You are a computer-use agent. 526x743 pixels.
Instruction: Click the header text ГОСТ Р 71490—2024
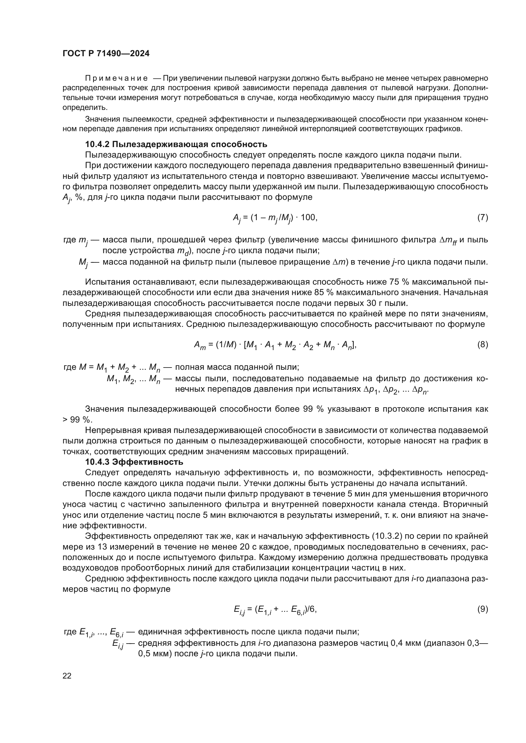(x=106, y=54)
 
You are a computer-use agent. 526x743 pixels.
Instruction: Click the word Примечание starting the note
(x=116, y=78)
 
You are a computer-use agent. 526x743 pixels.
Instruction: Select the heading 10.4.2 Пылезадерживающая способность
(x=176, y=144)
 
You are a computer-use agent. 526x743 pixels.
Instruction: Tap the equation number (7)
(x=482, y=218)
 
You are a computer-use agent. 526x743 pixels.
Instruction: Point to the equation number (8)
(x=482, y=345)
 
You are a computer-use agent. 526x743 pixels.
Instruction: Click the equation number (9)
(x=482, y=609)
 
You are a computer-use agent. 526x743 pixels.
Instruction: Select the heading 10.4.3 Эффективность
(x=134, y=462)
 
